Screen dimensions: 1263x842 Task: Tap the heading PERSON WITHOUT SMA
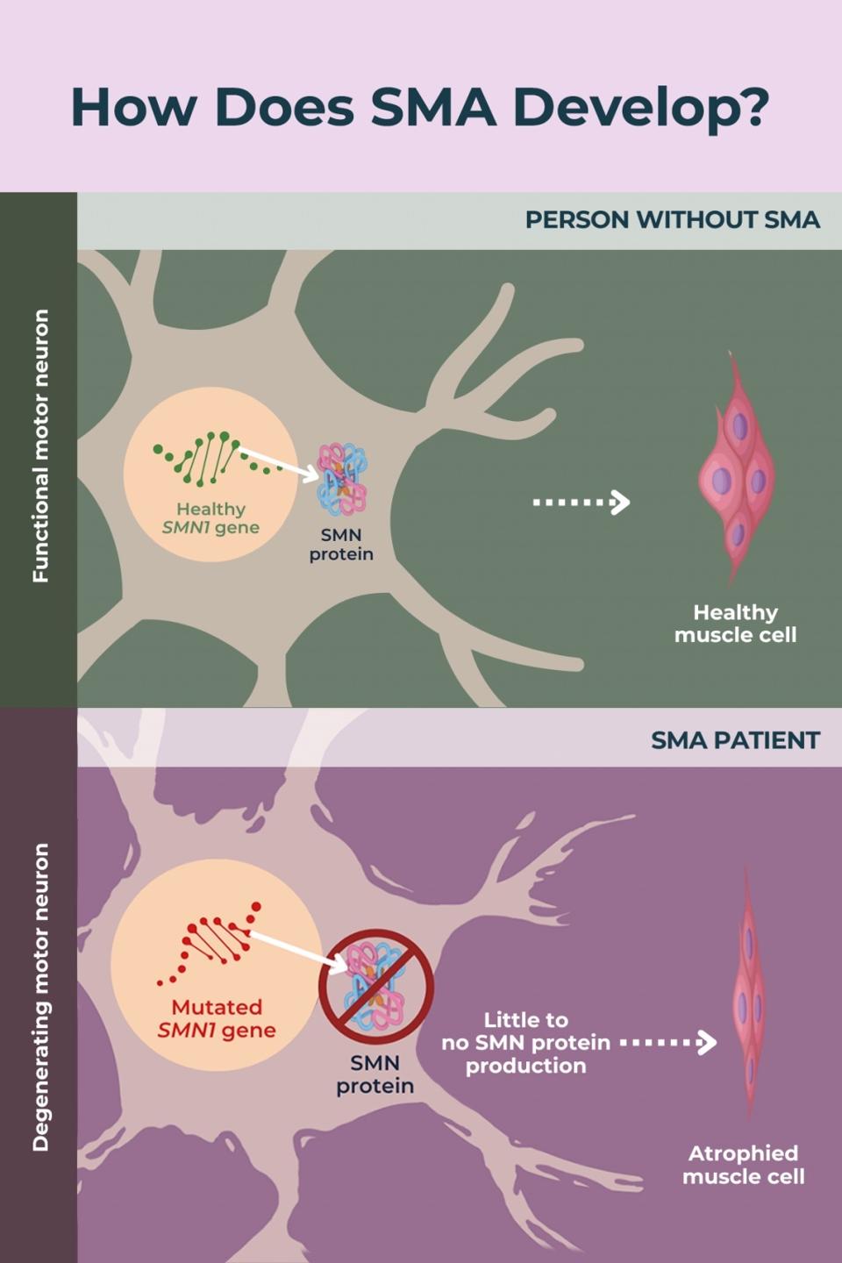(x=672, y=219)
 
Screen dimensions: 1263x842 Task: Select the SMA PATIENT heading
(x=735, y=740)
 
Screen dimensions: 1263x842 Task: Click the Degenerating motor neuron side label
(x=40, y=997)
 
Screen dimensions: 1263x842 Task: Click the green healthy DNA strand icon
(x=207, y=459)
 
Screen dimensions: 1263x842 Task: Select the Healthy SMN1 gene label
(x=210, y=517)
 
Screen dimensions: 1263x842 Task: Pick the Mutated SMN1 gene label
(x=217, y=1018)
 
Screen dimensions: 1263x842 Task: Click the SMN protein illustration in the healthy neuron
(x=342, y=479)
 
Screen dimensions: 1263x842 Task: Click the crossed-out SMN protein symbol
(x=375, y=986)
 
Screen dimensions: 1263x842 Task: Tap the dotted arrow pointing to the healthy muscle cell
(x=582, y=503)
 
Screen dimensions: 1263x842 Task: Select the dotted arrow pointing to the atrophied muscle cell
(x=668, y=1043)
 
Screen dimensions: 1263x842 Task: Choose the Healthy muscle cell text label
(x=735, y=624)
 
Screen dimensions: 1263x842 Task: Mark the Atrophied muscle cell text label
(x=743, y=1165)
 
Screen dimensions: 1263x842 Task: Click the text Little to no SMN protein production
(x=525, y=1043)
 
